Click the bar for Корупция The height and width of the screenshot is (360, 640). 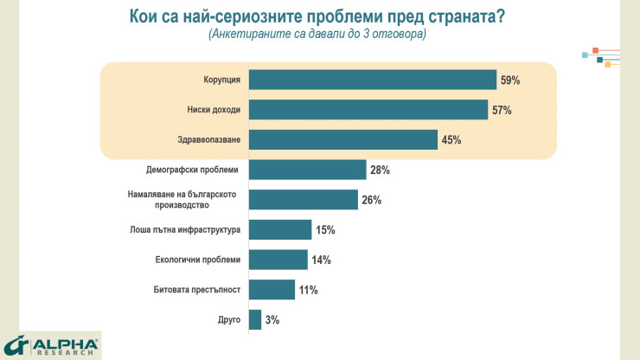[x=372, y=80]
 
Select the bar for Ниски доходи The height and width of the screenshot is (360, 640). [x=368, y=110]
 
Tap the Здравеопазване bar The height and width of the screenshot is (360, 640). [x=342, y=139]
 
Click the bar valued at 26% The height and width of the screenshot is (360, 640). [x=303, y=200]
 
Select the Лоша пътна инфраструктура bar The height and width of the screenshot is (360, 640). [x=279, y=229]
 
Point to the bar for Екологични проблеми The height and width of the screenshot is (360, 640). [x=278, y=260]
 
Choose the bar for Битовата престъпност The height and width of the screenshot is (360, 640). [x=272, y=290]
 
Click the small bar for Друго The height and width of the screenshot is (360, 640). [x=254, y=319]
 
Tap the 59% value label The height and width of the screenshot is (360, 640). [x=509, y=80]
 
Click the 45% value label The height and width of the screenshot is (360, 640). [x=451, y=140]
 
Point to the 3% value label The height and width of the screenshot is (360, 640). [x=272, y=320]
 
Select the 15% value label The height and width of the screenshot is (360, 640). [x=324, y=230]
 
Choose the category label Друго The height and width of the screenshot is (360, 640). [x=228, y=319]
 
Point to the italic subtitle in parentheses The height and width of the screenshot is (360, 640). [x=317, y=35]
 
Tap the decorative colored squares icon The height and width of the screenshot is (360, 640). [x=602, y=55]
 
